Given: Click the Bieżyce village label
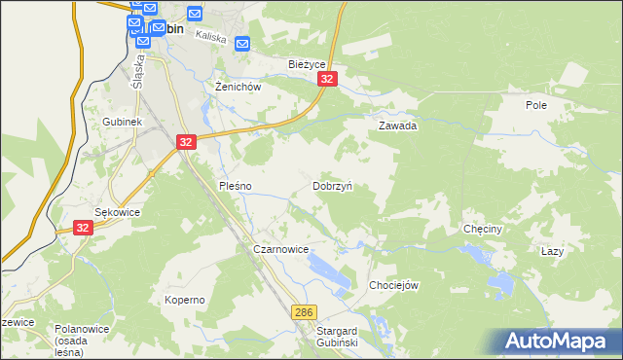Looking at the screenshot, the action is pos(306,64).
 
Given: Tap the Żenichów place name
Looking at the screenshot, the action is pos(238,86).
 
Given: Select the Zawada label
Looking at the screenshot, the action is pos(397,126).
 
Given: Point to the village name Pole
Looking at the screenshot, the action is pos(535,105).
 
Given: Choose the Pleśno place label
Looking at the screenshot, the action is pos(235,185).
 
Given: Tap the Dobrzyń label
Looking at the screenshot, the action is pos(332,185).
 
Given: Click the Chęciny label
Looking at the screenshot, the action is pos(482,230).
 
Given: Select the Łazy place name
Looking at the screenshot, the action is pos(552,250).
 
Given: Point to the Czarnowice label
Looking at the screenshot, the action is pos(280,249).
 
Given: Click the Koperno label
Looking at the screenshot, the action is pos(184,300).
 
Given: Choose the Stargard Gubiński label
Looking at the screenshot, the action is pos(338,337).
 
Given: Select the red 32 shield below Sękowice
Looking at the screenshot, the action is pos(82,227).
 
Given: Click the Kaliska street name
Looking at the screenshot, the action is pos(210,37).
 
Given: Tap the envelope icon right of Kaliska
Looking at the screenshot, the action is pos(242,43).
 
